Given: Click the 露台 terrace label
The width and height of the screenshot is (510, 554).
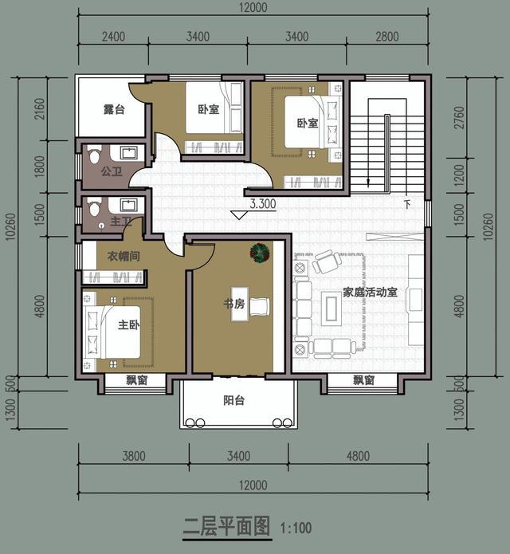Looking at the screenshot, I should click(x=114, y=110).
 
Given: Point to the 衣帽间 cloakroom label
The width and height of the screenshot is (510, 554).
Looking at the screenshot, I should click(x=123, y=256).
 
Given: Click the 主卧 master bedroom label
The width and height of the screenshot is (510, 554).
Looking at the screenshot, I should click(x=129, y=325).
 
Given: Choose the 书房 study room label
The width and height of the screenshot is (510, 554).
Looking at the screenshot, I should click(x=234, y=304).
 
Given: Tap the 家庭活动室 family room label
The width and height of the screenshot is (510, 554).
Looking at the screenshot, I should click(x=371, y=293).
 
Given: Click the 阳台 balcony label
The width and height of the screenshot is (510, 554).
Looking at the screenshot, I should click(x=233, y=400).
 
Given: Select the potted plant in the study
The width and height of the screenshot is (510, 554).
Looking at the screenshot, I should click(x=258, y=253).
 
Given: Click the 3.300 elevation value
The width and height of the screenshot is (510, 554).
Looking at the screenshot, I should click(x=262, y=204).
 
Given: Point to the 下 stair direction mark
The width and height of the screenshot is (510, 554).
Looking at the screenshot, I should click(x=407, y=204).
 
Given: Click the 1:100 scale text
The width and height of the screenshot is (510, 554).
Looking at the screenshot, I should click(x=296, y=528).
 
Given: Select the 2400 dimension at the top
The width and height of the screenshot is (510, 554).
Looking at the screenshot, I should click(x=113, y=36).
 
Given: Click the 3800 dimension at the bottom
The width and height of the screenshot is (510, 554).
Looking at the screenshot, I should click(x=133, y=457).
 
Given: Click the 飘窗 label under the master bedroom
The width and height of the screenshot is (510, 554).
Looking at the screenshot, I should click(x=137, y=380).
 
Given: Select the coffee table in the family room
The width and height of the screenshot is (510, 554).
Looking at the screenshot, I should click(x=330, y=305).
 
